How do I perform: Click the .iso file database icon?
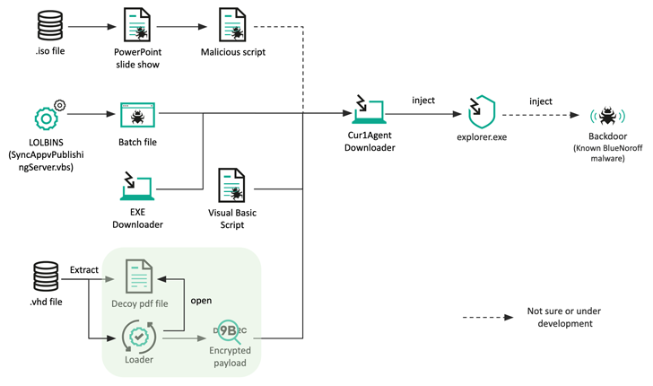(50, 25)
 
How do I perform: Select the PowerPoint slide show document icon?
(137, 24)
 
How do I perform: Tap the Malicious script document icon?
(232, 24)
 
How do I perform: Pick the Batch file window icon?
(137, 115)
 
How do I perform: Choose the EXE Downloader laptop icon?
(137, 187)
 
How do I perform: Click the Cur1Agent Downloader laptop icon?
(369, 110)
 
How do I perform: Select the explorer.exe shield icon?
(482, 111)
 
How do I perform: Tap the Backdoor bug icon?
(607, 116)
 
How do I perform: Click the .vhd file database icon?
(46, 276)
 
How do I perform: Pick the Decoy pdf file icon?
(139, 276)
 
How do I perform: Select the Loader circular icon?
(139, 337)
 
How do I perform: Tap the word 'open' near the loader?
(201, 301)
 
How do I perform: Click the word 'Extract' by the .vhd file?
(84, 269)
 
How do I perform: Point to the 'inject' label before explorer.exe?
(423, 100)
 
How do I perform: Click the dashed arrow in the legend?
(488, 317)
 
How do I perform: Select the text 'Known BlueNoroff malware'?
(607, 153)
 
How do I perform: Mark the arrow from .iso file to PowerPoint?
(92, 27)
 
